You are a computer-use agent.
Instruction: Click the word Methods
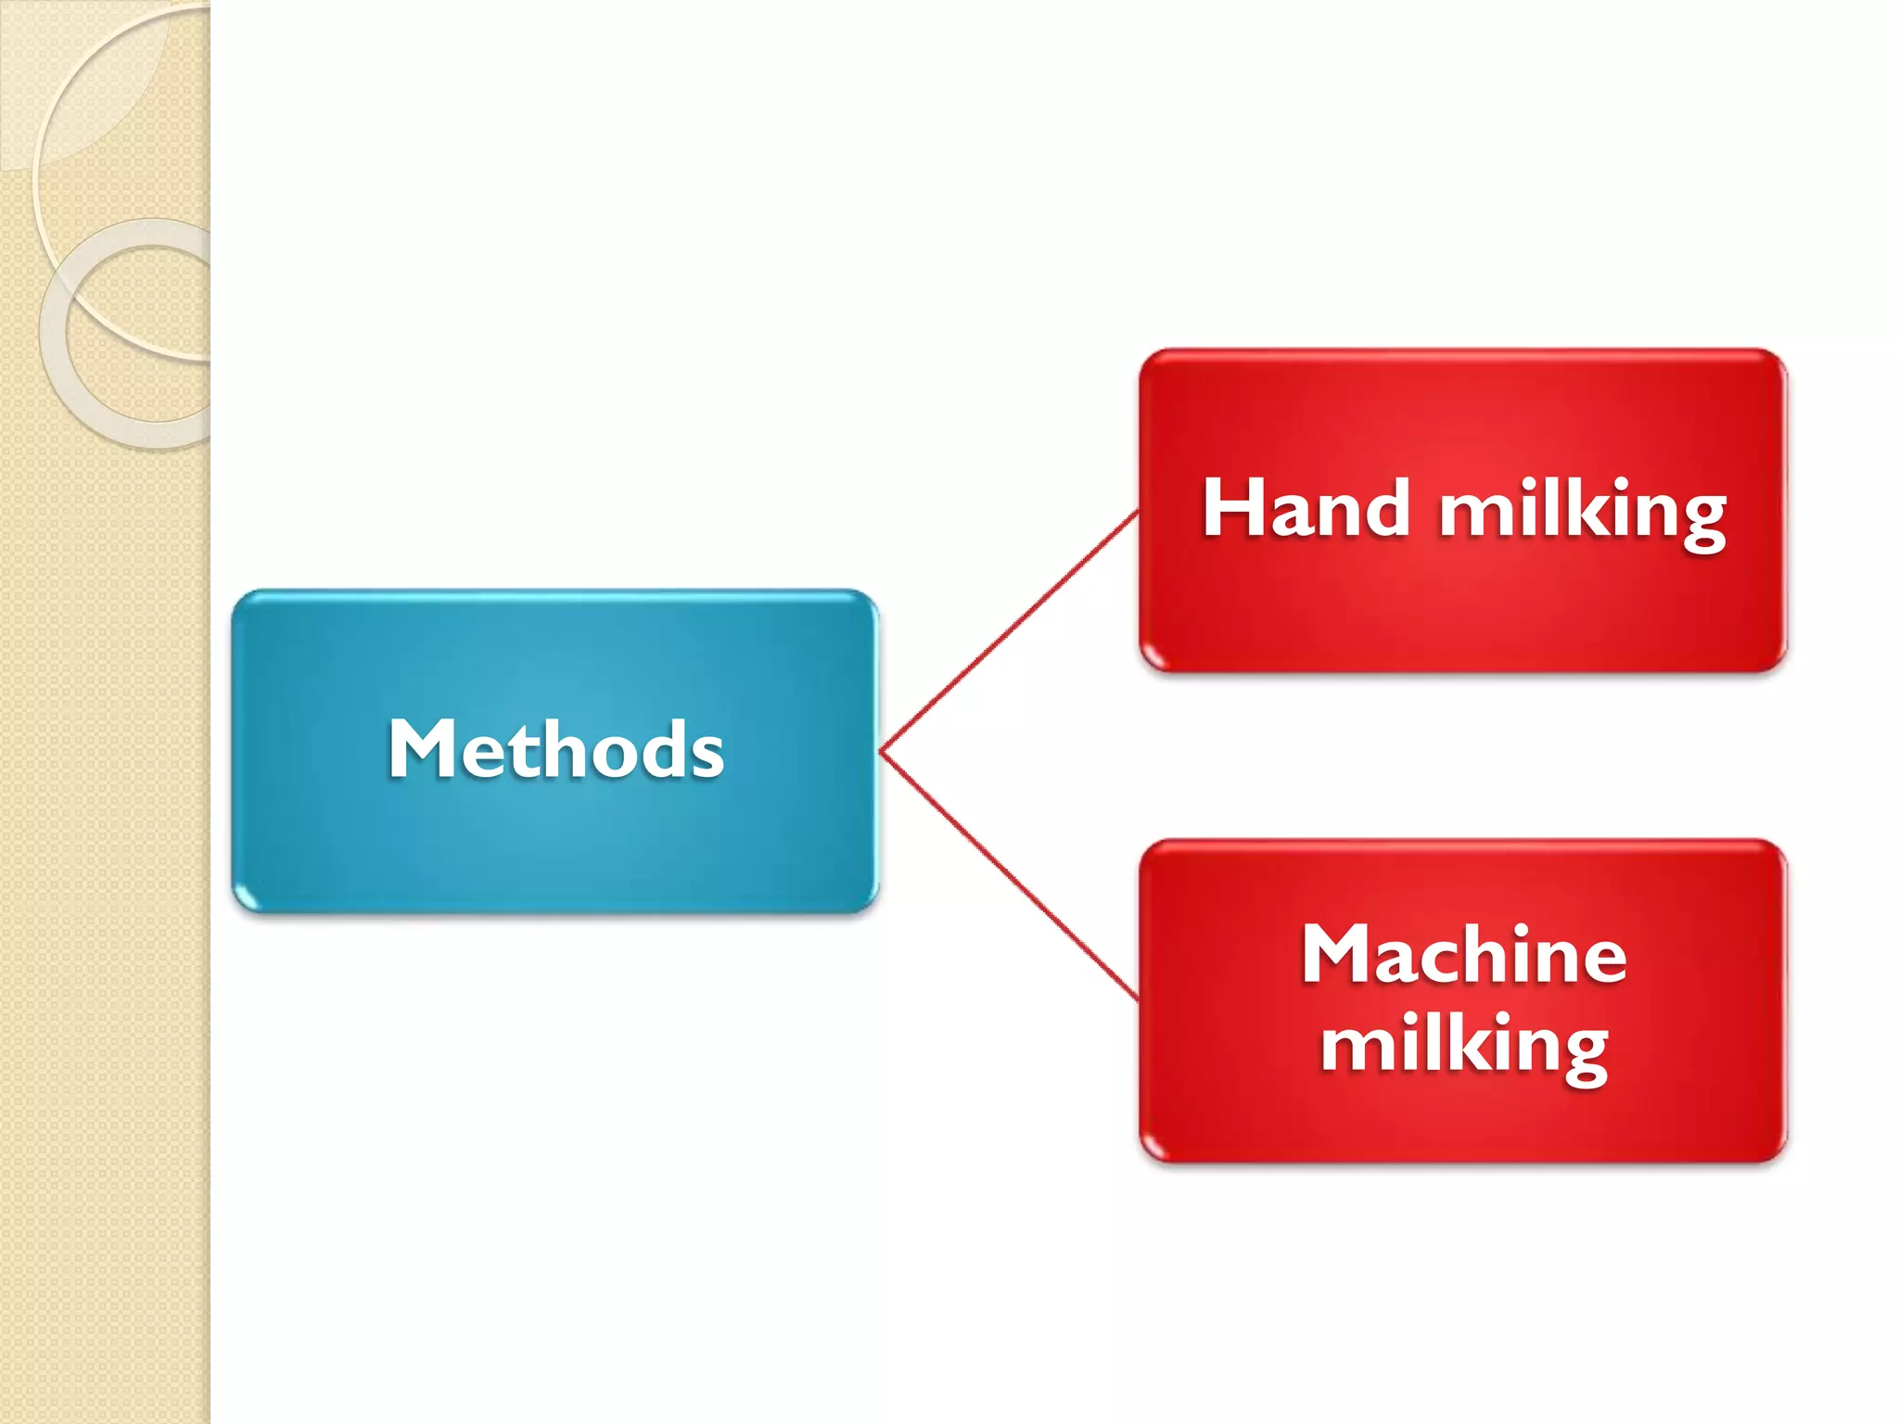(555, 749)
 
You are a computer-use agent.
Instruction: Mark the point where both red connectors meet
(881, 752)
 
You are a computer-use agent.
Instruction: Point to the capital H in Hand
(1230, 508)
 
